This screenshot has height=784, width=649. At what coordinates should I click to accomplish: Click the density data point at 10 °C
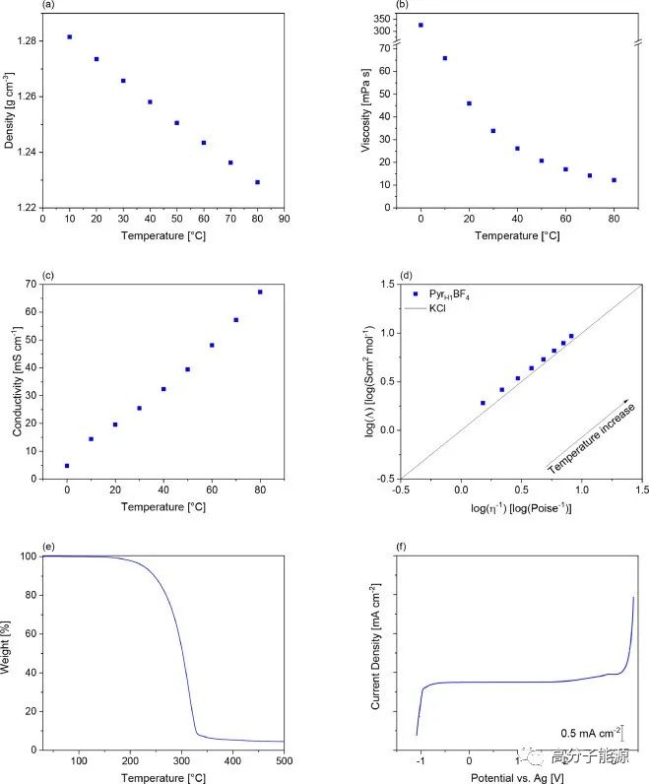(69, 36)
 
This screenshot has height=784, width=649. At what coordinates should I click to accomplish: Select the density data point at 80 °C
(257, 182)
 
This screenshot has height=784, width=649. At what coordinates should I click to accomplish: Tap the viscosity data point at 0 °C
(421, 26)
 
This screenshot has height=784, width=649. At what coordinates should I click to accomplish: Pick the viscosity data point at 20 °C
(469, 103)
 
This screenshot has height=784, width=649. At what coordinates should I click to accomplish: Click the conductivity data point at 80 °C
(260, 292)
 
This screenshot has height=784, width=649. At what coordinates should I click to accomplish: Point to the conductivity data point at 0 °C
(67, 466)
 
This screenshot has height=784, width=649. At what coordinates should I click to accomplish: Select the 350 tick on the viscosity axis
(383, 19)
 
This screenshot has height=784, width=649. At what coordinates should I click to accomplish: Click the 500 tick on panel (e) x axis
(284, 759)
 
